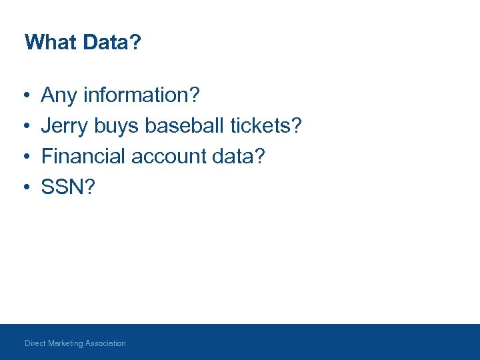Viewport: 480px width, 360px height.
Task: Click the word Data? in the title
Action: (x=112, y=43)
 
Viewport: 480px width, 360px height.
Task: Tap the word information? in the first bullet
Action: (x=141, y=95)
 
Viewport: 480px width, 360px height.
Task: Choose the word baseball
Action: (x=185, y=125)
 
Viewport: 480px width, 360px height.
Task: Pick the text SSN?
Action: (x=68, y=187)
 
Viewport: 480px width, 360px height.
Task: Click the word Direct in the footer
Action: (x=35, y=343)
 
